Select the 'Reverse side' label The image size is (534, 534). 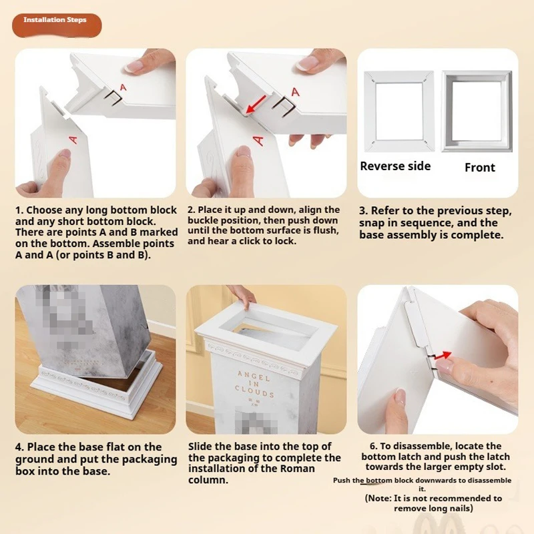click(395, 166)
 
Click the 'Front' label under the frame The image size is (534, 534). click(480, 168)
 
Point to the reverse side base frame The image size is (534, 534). click(399, 111)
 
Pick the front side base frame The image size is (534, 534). click(477, 111)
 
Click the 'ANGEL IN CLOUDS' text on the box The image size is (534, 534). click(255, 384)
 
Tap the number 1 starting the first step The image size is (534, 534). click(19, 210)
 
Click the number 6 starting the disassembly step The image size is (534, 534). click(374, 446)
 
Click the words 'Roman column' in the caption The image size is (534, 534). click(208, 480)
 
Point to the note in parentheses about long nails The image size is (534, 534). click(433, 503)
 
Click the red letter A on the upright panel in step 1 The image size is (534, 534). click(72, 139)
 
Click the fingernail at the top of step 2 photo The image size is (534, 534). click(308, 63)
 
